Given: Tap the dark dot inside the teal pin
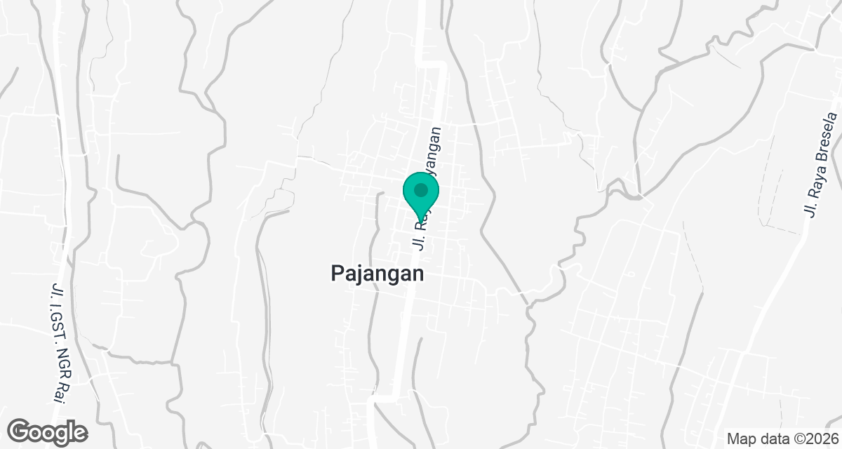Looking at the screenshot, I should tap(420, 190).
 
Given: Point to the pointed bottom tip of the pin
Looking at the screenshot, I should tap(420, 224).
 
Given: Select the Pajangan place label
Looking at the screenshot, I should tap(377, 274).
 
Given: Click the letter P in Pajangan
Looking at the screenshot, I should tap(337, 273).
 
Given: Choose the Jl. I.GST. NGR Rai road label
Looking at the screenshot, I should tap(62, 342).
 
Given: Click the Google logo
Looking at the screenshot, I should tap(48, 431).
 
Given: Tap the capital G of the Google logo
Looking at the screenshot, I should tap(20, 430).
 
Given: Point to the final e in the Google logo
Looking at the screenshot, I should tap(80, 431).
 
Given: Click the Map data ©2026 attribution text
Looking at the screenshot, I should tap(782, 438).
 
